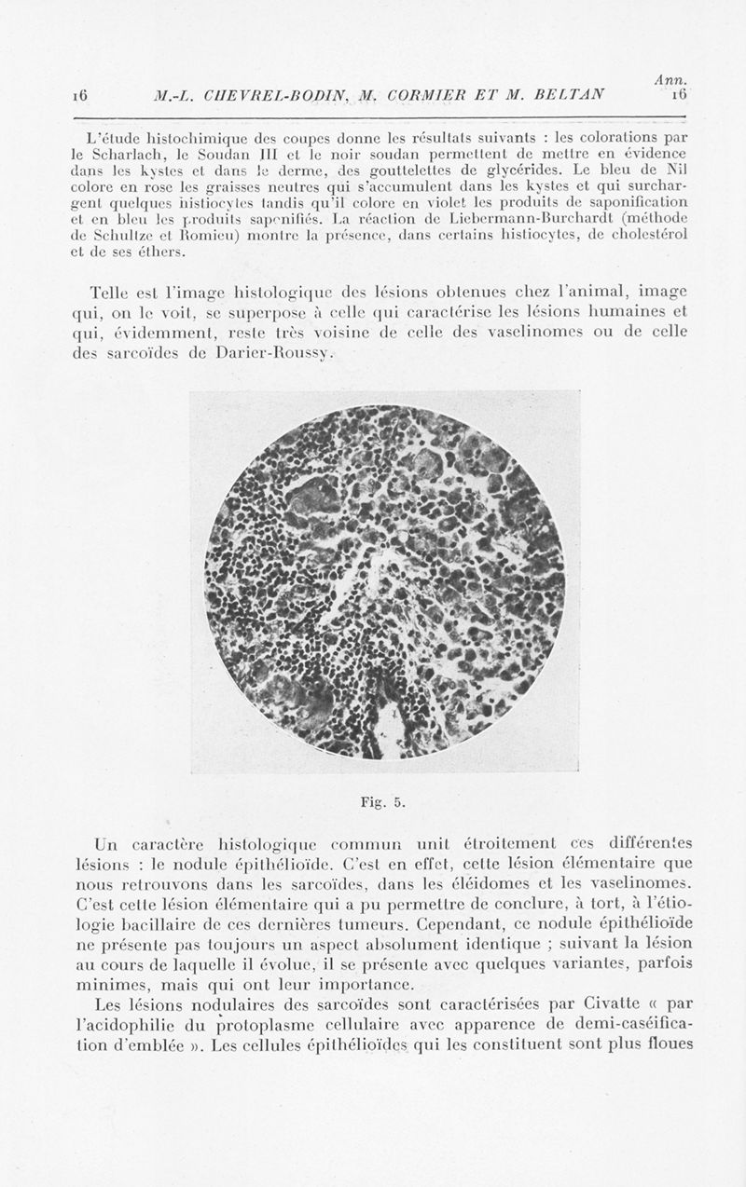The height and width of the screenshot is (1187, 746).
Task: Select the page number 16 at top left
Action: [x=78, y=94]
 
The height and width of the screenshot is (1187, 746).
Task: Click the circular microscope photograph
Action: [x=384, y=581]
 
